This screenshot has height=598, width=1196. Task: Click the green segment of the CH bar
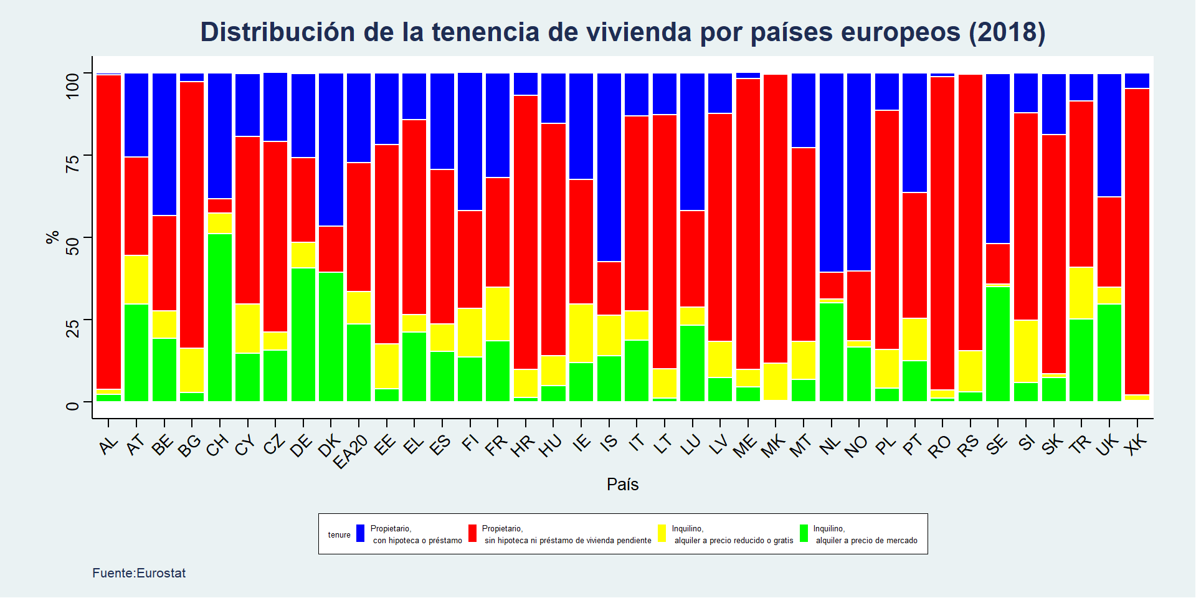click(219, 317)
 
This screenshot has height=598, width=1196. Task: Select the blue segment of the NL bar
click(831, 173)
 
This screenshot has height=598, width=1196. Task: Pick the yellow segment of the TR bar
click(1081, 293)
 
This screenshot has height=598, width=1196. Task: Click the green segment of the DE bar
click(303, 335)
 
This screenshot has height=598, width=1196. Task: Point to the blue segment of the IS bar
click(609, 167)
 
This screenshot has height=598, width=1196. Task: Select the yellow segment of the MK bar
click(775, 381)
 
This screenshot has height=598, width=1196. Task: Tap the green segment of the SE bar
click(998, 343)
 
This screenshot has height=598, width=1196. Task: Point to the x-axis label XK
click(1137, 444)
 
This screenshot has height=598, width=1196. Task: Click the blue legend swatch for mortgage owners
click(360, 533)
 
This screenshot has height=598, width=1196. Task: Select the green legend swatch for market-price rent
click(804, 533)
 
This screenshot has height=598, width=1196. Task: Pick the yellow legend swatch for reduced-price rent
click(662, 533)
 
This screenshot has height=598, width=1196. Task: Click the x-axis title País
click(622, 485)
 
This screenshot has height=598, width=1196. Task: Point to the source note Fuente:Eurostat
click(139, 573)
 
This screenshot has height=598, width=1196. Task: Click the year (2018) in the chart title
click(1007, 32)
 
